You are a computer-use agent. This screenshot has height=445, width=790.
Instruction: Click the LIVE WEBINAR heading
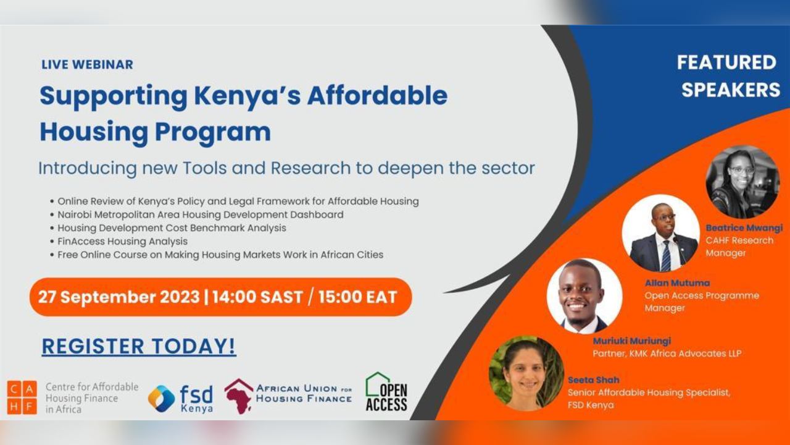[87, 64]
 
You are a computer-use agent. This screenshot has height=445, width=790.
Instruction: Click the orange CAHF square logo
[22, 397]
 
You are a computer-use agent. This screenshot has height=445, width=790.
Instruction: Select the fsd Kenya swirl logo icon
[161, 399]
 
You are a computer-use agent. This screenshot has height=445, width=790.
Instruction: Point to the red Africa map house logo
[239, 396]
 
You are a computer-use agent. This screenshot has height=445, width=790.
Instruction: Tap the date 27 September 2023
[119, 297]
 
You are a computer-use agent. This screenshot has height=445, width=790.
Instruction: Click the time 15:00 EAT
[357, 297]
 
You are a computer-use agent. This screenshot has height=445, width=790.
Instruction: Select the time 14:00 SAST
[257, 297]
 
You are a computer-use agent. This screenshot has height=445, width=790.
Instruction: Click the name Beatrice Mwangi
[744, 228]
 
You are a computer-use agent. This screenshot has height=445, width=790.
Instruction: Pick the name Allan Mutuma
[677, 283]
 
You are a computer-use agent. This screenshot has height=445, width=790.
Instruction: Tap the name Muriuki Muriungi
[631, 341]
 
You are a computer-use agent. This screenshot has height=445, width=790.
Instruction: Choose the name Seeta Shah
[594, 379]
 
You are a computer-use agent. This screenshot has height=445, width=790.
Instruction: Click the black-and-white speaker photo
[742, 182]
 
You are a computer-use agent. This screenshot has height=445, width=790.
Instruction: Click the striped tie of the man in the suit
[666, 255]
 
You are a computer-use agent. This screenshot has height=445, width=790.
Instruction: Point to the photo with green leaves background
[526, 373]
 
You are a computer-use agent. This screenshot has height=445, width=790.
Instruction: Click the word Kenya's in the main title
[247, 96]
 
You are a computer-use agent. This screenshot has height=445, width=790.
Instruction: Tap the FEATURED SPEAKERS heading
[728, 76]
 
